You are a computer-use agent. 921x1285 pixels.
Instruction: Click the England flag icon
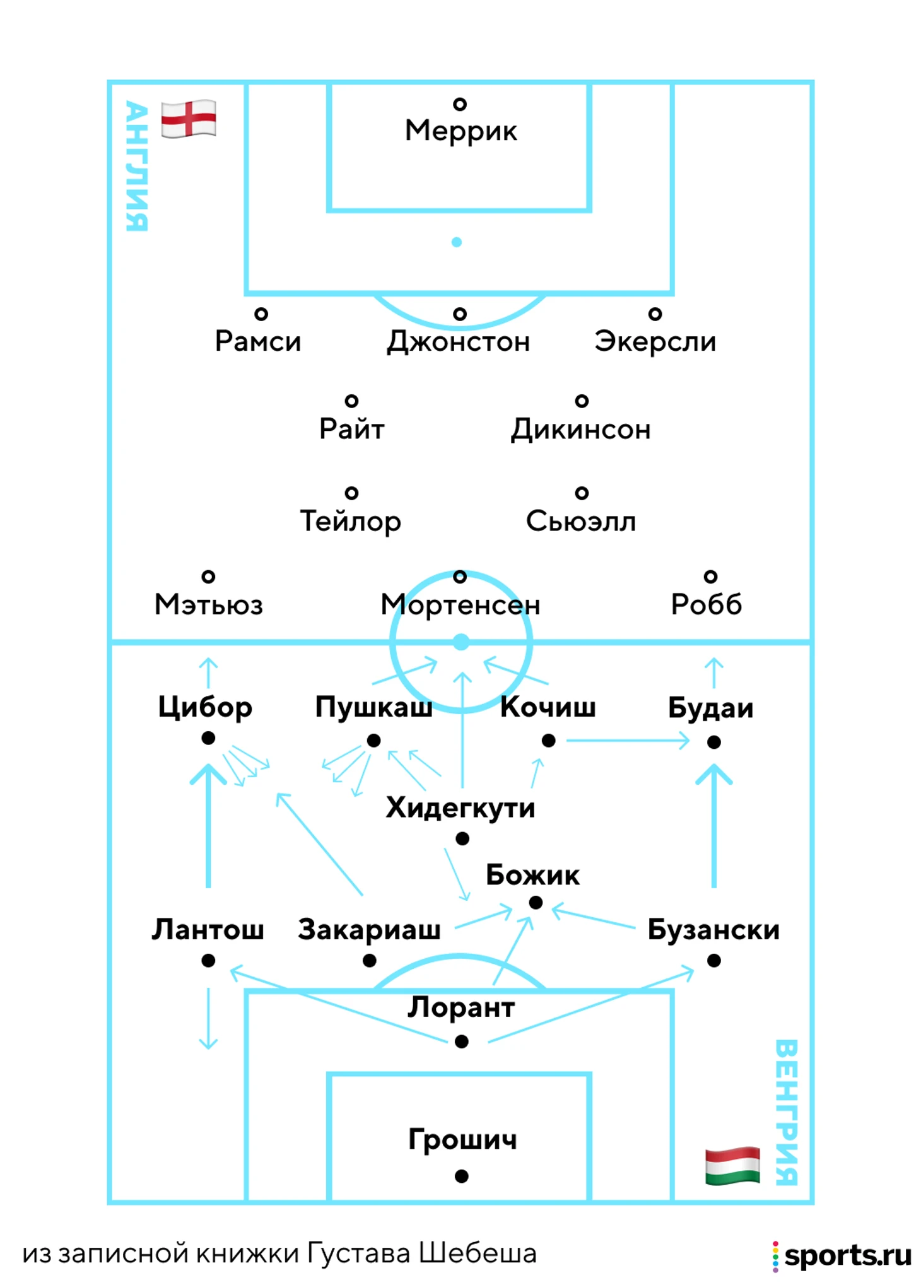188,119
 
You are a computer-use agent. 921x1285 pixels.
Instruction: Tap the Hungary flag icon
732,1165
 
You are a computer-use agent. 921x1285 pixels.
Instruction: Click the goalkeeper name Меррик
460,131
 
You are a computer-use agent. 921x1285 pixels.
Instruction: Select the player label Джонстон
458,342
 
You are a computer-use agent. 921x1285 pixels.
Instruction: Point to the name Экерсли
655,341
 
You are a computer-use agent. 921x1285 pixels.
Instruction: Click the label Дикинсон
580,430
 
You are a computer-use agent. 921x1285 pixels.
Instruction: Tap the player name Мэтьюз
208,604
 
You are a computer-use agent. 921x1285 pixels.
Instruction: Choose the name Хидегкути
460,808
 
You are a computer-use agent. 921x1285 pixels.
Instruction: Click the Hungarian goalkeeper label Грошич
462,1139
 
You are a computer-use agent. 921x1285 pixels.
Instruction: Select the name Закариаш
369,930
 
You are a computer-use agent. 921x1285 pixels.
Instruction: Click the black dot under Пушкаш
373,741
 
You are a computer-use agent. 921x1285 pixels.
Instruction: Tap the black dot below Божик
536,903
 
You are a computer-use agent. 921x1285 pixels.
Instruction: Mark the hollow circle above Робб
710,576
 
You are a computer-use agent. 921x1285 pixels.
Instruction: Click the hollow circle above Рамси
261,314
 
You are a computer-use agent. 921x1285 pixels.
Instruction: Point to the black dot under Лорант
462,1041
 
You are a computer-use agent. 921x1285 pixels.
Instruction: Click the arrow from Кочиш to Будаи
628,740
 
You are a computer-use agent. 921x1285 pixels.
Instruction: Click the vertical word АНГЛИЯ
137,166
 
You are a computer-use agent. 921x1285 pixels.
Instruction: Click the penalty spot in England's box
457,242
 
